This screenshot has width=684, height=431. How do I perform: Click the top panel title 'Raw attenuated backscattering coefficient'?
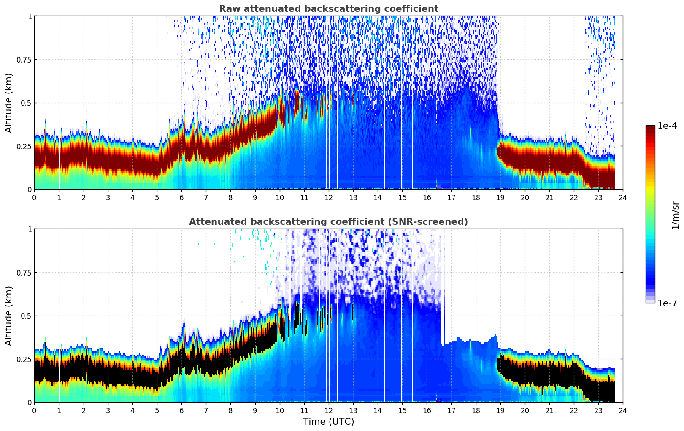tap(328, 9)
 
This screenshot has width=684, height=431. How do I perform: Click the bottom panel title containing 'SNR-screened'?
tap(328, 222)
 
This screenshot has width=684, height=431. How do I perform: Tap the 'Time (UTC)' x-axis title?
tap(328, 422)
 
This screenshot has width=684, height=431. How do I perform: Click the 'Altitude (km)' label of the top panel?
tap(9, 103)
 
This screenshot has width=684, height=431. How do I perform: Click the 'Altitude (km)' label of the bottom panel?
tap(9, 316)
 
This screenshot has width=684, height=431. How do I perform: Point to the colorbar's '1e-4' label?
tap(667, 126)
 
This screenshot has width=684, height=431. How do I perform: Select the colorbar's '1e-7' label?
tap(667, 303)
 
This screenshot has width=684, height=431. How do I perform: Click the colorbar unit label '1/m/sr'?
tap(675, 215)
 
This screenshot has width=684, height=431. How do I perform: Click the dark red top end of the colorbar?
tap(650, 128)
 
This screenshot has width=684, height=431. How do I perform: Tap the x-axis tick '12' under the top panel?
tap(329, 197)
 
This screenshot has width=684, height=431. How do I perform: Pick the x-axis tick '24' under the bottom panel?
tap(623, 410)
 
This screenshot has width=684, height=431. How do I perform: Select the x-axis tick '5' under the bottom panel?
tap(157, 410)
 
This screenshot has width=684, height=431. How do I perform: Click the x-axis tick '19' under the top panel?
tap(500, 197)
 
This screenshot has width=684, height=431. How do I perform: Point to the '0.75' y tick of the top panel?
tap(24, 60)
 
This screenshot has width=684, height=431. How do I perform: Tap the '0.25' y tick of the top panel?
tap(24, 146)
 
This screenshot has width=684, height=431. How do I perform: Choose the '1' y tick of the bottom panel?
tap(30, 229)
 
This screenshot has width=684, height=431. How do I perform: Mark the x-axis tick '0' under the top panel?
tap(35, 197)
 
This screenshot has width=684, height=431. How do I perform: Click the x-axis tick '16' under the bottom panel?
tap(427, 410)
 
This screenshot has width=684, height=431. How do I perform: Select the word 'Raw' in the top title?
tap(228, 9)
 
